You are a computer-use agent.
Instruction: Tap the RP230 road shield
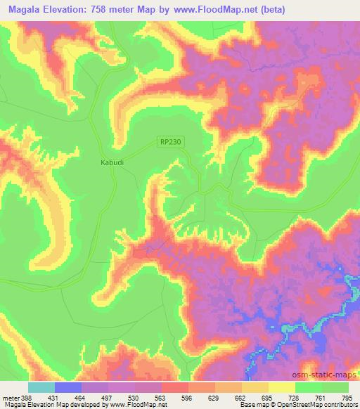(170, 142)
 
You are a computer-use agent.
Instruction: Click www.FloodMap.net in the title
(230, 9)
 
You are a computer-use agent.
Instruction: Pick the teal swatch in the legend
(41, 387)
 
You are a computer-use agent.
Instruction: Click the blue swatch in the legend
(68, 387)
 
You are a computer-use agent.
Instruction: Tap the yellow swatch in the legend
(281, 387)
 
